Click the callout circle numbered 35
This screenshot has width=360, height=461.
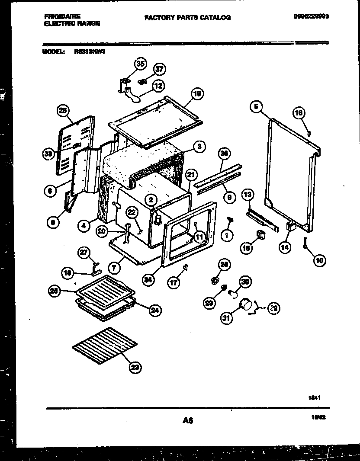click(x=139, y=64)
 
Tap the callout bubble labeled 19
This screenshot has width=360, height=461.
click(x=197, y=94)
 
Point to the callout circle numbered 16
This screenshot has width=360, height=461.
click(x=299, y=113)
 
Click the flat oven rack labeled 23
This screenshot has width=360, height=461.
click(x=105, y=340)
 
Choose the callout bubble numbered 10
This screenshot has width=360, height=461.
click(x=320, y=260)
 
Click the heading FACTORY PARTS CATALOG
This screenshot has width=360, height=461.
click(x=187, y=18)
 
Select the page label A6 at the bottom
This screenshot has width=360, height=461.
click(x=187, y=420)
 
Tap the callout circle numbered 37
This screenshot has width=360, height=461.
click(x=160, y=69)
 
